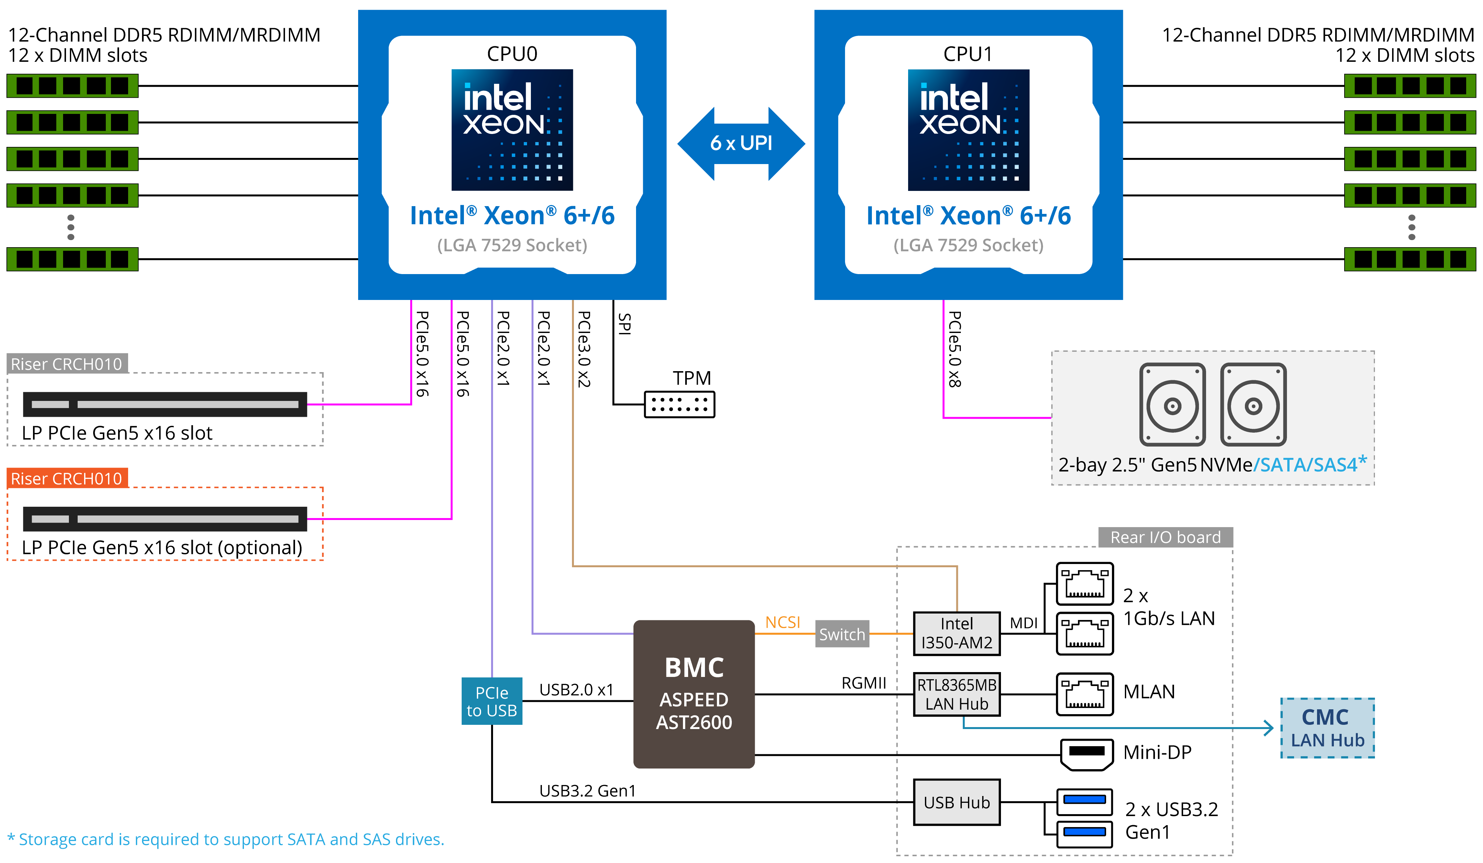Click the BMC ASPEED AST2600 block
pyautogui.click(x=694, y=694)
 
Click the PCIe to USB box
pyautogui.click(x=491, y=701)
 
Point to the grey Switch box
pyautogui.click(x=842, y=634)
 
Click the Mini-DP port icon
pyautogui.click(x=1086, y=754)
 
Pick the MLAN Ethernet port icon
pyautogui.click(x=1085, y=694)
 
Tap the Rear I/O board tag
pyautogui.click(x=1165, y=537)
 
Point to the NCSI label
pyautogui.click(x=783, y=622)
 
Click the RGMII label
pyautogui.click(x=863, y=683)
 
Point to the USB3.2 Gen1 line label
pyautogui.click(x=587, y=791)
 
